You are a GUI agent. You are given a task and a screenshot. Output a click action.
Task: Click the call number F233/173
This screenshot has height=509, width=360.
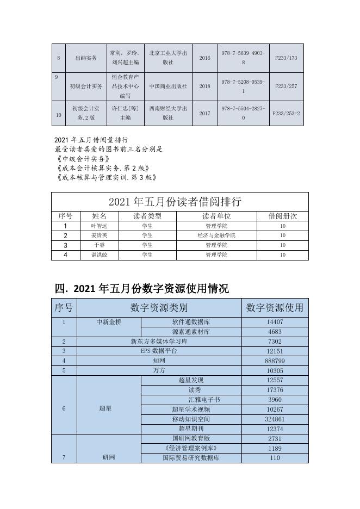[x=286, y=58]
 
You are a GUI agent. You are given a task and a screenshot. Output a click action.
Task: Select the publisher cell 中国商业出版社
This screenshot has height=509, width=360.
[x=168, y=86]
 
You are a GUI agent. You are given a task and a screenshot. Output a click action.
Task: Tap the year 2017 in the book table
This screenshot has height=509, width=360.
[x=204, y=114]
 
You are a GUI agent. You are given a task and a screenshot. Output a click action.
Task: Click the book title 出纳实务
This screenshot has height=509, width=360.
[x=86, y=58]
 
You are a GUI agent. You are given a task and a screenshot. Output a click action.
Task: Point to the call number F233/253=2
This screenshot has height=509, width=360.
[x=286, y=114]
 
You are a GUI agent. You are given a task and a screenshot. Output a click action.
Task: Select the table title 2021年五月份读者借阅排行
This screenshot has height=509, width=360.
[x=179, y=202]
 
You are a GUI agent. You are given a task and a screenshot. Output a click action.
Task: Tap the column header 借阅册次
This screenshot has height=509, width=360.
[x=282, y=216]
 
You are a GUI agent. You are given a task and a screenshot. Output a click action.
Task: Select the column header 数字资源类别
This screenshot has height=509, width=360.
[x=159, y=308]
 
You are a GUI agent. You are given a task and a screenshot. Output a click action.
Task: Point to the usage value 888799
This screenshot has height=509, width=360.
[x=275, y=361]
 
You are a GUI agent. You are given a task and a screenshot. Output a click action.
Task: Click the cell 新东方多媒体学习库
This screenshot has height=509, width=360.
[x=159, y=341]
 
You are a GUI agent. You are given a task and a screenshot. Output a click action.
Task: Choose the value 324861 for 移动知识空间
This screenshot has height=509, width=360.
[x=275, y=419]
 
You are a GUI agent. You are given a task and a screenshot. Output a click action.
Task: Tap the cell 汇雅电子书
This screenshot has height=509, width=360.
[x=191, y=400]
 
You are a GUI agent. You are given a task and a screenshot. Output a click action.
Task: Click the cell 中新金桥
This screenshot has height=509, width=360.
[x=109, y=322]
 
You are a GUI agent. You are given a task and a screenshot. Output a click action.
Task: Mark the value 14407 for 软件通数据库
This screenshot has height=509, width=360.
[x=275, y=322]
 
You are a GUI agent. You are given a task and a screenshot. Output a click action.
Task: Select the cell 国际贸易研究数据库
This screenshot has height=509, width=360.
[x=191, y=458]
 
